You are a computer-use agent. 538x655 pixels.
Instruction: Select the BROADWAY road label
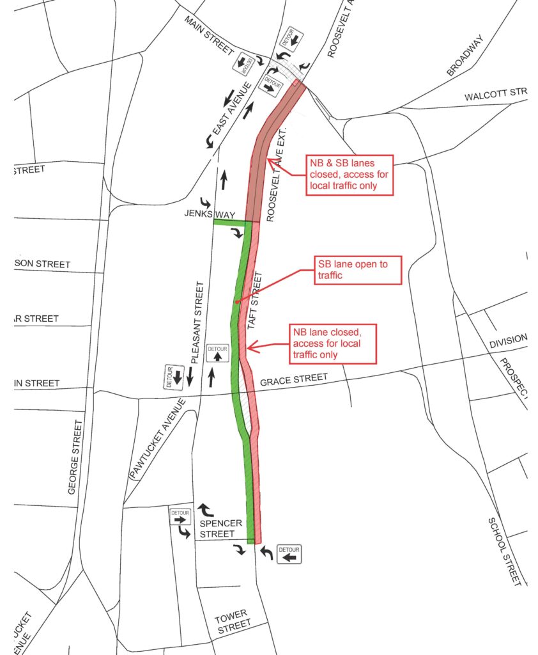465,56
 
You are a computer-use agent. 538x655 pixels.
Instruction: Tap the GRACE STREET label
294,380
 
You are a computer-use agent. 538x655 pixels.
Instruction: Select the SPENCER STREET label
222,528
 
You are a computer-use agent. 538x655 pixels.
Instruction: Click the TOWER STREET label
231,624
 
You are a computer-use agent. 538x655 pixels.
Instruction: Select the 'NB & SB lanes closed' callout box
350,174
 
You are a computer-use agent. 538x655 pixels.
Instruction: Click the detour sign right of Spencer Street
289,553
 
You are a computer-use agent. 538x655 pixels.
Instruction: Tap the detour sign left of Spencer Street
180,517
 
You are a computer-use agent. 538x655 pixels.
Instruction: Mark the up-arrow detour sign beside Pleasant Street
219,353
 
